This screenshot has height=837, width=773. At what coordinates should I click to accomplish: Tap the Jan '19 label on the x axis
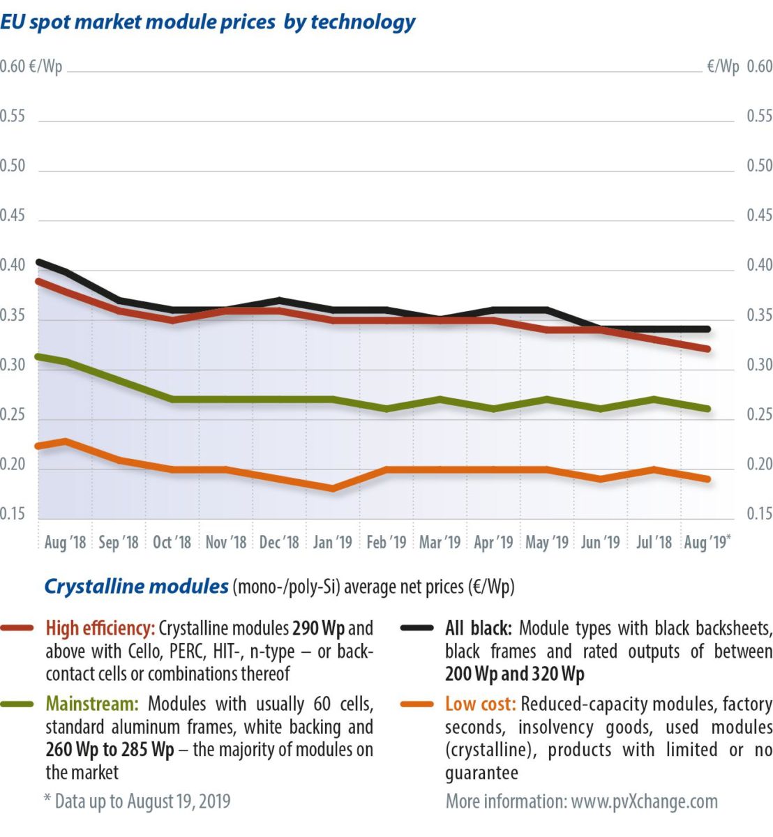[333, 542]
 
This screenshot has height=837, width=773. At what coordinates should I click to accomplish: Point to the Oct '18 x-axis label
[172, 542]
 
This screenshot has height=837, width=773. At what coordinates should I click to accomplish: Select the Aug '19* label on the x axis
[708, 542]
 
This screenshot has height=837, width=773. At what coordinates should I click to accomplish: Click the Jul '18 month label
[654, 542]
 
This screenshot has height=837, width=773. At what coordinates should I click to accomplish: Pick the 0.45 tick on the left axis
[13, 216]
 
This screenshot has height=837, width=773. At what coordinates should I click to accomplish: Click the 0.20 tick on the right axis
[760, 465]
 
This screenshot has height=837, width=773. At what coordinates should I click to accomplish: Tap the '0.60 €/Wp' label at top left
[31, 67]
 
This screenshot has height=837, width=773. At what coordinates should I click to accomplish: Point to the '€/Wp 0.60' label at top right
[740, 67]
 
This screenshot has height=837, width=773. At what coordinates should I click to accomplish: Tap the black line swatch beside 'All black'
[417, 628]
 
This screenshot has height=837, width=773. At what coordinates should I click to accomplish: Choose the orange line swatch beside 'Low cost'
[417, 704]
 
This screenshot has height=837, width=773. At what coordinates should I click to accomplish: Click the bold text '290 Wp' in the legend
[318, 628]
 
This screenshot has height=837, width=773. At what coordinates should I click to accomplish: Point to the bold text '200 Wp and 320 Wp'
[515, 674]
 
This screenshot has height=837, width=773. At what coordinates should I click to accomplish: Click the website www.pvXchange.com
[644, 801]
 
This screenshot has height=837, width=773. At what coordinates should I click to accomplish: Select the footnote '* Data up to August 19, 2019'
[137, 801]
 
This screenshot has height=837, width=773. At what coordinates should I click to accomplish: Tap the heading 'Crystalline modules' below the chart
[136, 587]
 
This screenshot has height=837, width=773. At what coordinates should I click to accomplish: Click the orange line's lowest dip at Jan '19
[333, 489]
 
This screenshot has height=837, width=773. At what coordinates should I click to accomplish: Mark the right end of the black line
[707, 329]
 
